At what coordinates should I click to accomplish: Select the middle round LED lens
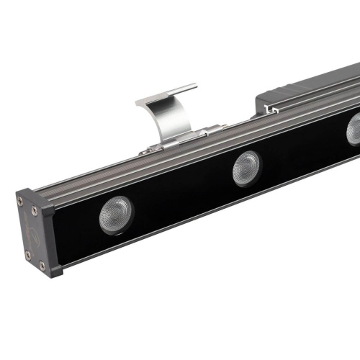[x=246, y=168]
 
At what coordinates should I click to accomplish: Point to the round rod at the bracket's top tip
[x=174, y=89]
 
